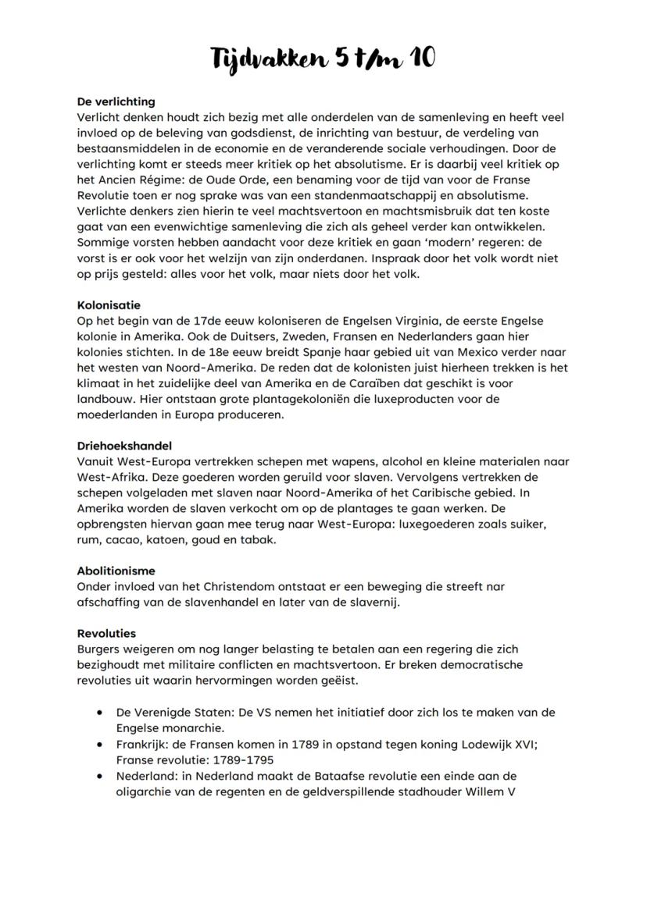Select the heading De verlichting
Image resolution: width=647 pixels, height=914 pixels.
point(116,101)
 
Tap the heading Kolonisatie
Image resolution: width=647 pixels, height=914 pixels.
point(109,305)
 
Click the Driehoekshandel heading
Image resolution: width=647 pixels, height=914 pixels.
point(124,446)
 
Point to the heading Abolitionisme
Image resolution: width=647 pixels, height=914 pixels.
point(116,571)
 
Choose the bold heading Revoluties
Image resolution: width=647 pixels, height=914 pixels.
point(106,633)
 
